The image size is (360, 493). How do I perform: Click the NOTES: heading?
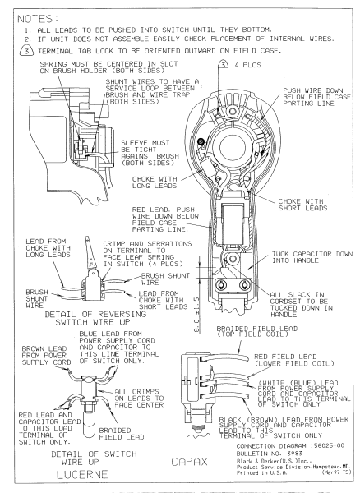coord(38,19)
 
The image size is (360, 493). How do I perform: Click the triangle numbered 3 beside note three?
coord(27,51)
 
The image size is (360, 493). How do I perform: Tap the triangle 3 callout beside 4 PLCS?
coord(224,64)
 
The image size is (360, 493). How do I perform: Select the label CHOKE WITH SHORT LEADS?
coord(302,205)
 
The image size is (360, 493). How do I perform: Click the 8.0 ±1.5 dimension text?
coord(196,315)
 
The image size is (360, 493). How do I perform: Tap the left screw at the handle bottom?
coord(221,285)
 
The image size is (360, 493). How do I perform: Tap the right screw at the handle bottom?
coord(244,285)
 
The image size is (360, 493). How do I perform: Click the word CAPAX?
coord(189,462)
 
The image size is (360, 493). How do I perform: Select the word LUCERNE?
coord(82,474)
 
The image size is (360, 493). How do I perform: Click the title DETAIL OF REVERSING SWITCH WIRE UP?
coord(95,318)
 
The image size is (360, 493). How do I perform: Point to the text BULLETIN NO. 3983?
coord(269,454)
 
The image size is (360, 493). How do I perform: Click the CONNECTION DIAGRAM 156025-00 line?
coord(290,446)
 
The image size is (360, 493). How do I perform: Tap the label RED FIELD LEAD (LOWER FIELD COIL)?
coord(294,360)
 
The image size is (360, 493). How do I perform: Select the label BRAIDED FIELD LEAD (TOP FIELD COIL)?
coord(257,331)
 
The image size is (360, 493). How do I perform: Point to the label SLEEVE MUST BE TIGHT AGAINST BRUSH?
coord(150,153)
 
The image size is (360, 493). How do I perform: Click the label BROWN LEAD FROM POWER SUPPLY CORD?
coord(46,355)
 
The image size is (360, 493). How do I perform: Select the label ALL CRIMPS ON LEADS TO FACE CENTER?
coord(139,398)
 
